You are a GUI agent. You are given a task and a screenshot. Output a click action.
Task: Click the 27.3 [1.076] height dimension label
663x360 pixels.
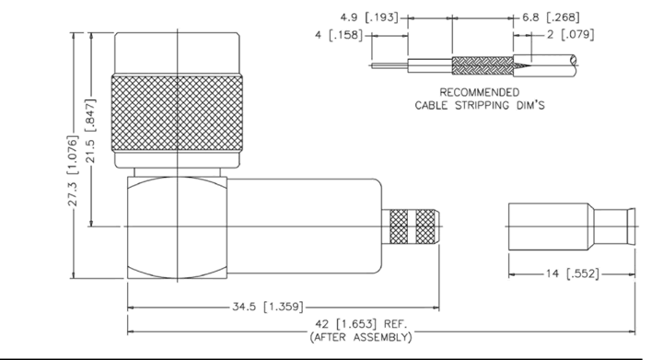pyautogui.click(x=73, y=170)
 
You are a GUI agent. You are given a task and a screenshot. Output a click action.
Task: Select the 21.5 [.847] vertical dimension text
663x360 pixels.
pyautogui.click(x=90, y=131)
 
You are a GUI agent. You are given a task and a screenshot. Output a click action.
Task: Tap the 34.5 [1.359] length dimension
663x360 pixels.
pyautogui.click(x=268, y=307)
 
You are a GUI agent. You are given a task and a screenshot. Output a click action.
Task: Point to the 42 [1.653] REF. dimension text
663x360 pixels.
pyautogui.click(x=361, y=324)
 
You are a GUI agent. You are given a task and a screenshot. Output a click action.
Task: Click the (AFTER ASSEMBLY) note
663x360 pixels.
pyautogui.click(x=361, y=337)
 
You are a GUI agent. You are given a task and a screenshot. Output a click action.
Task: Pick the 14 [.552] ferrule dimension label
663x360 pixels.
pyautogui.click(x=573, y=273)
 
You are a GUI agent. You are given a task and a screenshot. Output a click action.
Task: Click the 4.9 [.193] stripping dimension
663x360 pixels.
pyautogui.click(x=369, y=17)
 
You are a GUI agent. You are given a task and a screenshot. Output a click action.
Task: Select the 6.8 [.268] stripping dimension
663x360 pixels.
pyautogui.click(x=551, y=17)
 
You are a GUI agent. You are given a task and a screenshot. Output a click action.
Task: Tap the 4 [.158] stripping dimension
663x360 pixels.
pyautogui.click(x=339, y=35)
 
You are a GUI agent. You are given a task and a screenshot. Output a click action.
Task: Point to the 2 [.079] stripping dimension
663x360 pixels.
pyautogui.click(x=570, y=34)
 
